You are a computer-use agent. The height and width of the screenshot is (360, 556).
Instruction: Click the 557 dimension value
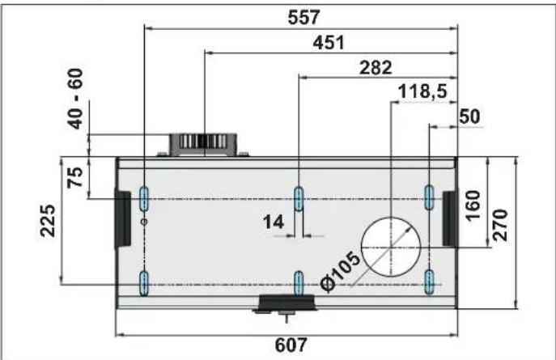coord(303,17)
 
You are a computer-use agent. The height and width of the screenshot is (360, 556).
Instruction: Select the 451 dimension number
coord(329,43)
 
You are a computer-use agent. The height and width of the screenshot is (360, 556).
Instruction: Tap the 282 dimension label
coord(376,67)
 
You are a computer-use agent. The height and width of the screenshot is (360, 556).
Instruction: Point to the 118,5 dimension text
coord(423,91)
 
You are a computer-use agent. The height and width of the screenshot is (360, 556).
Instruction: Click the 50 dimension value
coord(469,116)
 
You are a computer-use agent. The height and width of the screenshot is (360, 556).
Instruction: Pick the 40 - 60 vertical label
coord(75,99)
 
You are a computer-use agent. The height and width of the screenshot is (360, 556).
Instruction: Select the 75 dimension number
coord(75,177)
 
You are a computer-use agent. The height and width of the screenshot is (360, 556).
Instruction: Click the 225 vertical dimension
coord(48,220)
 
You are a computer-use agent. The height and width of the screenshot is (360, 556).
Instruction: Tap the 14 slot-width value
coord(274,222)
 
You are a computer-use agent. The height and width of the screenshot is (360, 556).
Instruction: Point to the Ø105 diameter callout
coord(341,272)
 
